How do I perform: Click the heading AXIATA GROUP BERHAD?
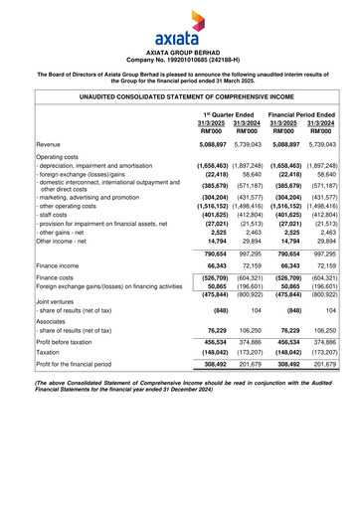tap(179, 51)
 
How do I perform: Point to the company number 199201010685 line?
tap(179, 59)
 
